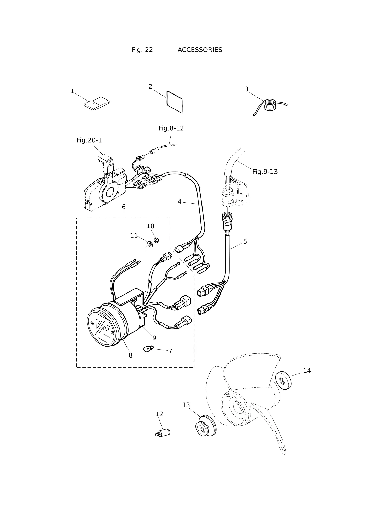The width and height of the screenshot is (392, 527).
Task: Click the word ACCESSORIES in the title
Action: [200, 50]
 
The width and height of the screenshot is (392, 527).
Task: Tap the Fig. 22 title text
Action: [142, 50]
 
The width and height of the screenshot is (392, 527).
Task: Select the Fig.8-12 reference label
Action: [171, 128]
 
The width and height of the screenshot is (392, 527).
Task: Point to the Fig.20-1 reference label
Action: [89, 140]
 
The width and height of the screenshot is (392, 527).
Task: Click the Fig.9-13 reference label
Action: [265, 172]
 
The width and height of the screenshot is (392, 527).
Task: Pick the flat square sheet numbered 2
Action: [175, 102]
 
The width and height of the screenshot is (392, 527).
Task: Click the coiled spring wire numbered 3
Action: [270, 106]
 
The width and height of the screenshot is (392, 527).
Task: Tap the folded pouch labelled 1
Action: [97, 104]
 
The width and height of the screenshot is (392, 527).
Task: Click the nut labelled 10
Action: [156, 240]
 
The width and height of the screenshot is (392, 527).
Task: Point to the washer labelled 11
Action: [150, 244]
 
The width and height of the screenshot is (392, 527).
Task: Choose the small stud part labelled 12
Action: [163, 433]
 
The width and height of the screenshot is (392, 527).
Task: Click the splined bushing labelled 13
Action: [206, 426]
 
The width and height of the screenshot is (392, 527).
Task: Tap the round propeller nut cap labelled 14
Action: [283, 380]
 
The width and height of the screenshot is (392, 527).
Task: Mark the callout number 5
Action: [245, 242]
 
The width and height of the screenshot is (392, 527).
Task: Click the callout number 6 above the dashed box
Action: [124, 207]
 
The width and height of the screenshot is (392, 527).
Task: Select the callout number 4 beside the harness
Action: [179, 202]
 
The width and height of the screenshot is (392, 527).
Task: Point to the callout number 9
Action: [154, 338]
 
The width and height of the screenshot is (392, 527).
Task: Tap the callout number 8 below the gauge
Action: [131, 355]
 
